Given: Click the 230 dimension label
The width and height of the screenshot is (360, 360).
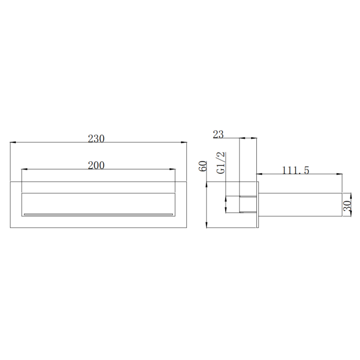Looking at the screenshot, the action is [96, 138].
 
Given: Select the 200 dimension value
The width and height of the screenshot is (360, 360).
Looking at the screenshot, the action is [96, 165].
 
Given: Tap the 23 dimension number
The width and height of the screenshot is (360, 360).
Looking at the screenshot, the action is [218, 134].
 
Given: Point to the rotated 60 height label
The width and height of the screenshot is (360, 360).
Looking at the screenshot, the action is [203, 166].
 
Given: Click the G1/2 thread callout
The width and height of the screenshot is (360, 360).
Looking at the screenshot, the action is [221, 163].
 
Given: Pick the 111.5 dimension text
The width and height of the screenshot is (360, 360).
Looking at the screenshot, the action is [296, 170].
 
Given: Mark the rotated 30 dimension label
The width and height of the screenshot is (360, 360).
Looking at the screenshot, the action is [347, 206].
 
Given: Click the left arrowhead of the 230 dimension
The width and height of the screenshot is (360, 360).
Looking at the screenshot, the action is [13, 143].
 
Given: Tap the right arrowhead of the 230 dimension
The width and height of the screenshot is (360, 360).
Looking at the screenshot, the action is [184, 143].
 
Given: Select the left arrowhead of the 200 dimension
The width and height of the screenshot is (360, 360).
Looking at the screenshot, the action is [24, 169].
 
